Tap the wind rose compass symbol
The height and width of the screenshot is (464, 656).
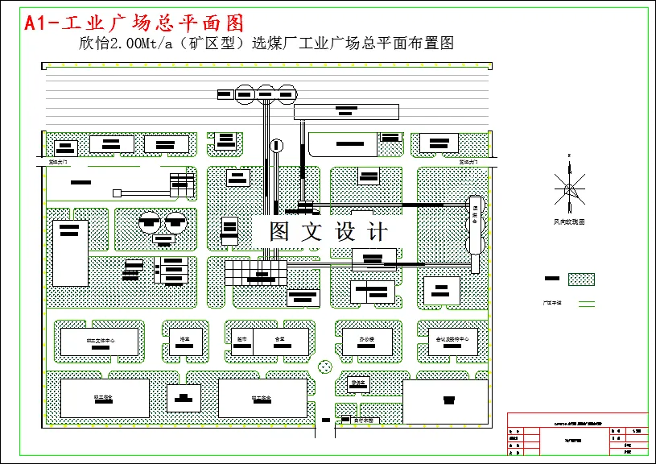point(569,190)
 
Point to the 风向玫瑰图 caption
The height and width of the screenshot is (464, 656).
point(569,221)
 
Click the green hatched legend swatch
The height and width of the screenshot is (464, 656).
point(581,279)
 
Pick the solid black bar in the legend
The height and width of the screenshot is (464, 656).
point(552,279)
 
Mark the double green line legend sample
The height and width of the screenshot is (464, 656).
point(588,303)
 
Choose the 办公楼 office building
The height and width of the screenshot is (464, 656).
point(367,341)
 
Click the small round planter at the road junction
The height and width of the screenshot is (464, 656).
point(325,367)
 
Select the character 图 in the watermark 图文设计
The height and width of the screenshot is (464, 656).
point(278,232)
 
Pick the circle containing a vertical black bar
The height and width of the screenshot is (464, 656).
point(277,146)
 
